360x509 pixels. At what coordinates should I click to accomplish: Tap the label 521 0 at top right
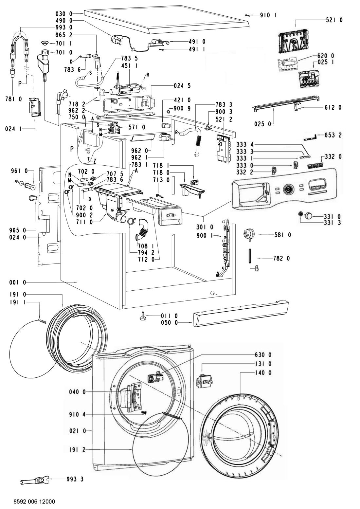pos(334,20)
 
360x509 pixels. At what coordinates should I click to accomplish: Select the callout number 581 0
pos(282,235)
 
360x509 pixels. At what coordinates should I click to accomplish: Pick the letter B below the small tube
pos(257,269)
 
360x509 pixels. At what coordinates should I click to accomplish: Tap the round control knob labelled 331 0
pos(308,215)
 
